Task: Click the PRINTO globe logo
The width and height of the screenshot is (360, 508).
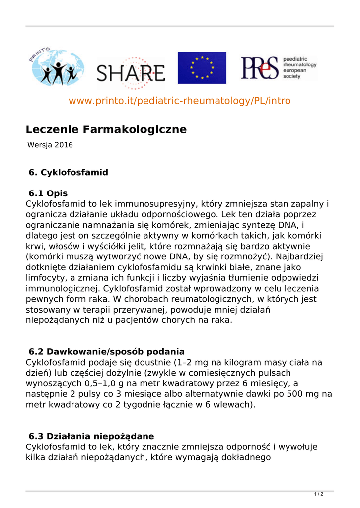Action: [x=55, y=68]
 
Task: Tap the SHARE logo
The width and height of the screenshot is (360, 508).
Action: [x=131, y=74]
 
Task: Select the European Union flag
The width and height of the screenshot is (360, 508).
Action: [x=202, y=67]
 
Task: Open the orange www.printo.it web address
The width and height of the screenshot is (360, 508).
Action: [x=179, y=101]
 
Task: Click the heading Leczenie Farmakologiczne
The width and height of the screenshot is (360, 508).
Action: [x=106, y=130]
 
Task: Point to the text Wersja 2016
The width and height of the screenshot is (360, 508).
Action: [x=50, y=145]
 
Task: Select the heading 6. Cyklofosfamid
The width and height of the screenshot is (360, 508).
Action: [x=69, y=173]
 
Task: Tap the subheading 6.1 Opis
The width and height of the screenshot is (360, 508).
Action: [x=48, y=193]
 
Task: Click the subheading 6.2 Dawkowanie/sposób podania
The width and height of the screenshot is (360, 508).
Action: [x=107, y=352]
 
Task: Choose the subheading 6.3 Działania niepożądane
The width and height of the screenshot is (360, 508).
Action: [x=91, y=436]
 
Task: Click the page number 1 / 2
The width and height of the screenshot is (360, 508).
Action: [x=319, y=494]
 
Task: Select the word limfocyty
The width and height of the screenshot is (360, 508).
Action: [x=46, y=278]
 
